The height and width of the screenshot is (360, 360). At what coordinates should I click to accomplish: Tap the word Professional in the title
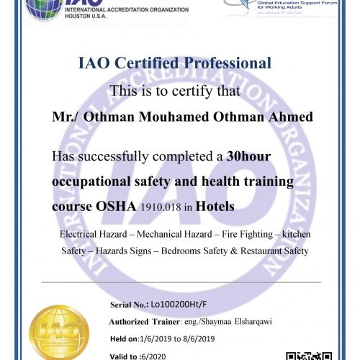(x=225, y=64)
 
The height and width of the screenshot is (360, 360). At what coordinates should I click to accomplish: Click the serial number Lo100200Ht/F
(x=175, y=305)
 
